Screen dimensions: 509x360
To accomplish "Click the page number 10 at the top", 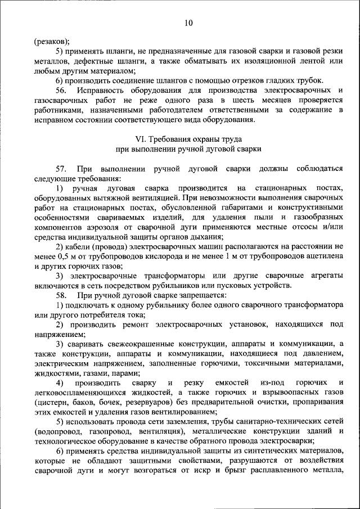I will pos(188,22).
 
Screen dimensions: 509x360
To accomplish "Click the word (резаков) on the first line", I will pos(51,41).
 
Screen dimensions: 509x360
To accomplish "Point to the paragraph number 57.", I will pos(61,169).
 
